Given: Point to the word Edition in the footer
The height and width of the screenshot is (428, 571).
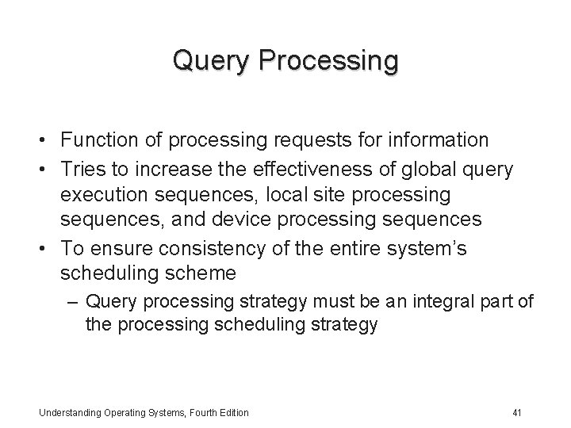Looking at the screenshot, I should (232, 412).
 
